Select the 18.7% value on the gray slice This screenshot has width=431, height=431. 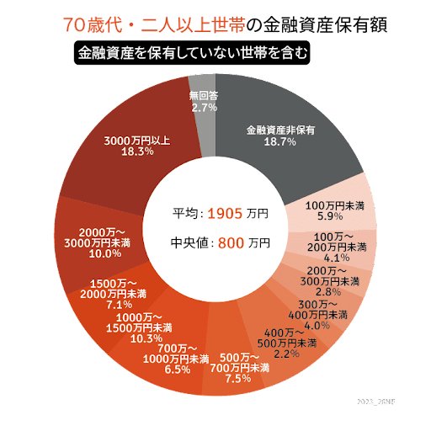[x=280, y=142]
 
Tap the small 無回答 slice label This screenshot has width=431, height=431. [x=205, y=96]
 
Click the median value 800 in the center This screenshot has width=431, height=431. [x=232, y=244]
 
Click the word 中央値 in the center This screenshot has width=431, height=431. [x=189, y=244]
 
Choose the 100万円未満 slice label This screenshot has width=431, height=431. [x=336, y=205]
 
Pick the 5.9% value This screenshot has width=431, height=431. [x=336, y=216]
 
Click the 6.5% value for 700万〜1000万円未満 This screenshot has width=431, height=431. [x=178, y=370]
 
